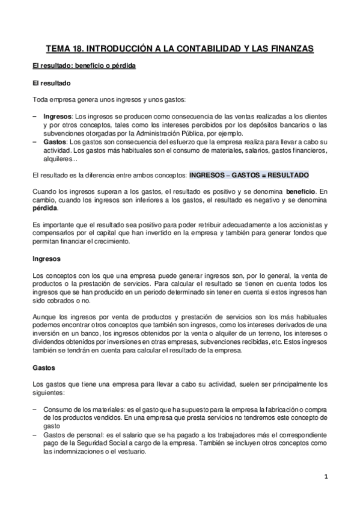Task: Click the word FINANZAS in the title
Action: coord(287,49)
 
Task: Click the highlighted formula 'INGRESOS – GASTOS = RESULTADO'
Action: coord(249,174)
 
